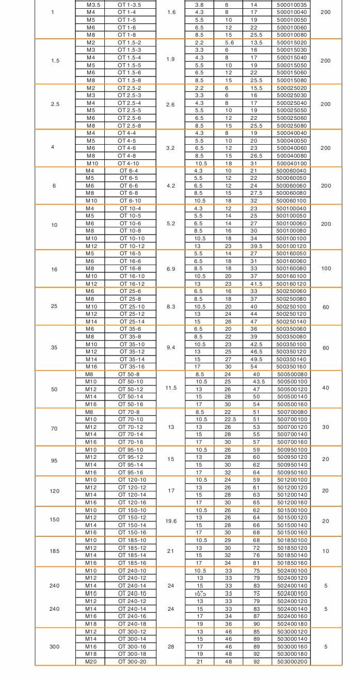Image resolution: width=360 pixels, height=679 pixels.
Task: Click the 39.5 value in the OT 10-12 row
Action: tap(254, 246)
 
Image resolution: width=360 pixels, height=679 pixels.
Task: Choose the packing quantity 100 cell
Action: tap(325, 269)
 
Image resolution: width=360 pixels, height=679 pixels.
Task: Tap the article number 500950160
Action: tap(291, 473)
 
